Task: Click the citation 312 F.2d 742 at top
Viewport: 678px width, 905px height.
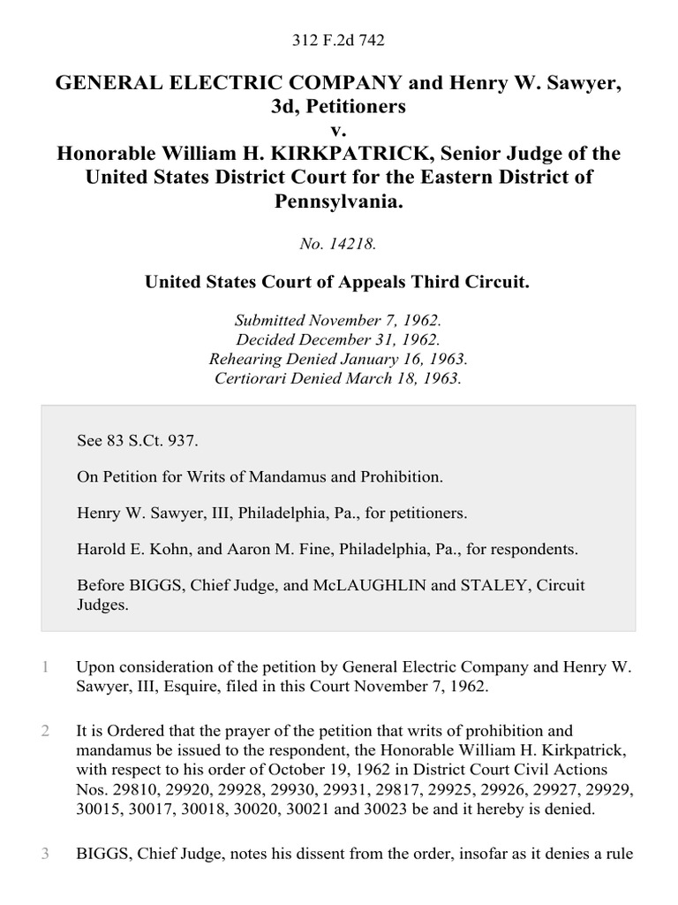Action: click(x=339, y=40)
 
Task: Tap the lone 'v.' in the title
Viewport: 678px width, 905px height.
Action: click(x=339, y=131)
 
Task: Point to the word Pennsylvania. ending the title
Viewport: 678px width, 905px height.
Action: click(x=339, y=200)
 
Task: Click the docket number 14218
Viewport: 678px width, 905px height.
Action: click(x=339, y=244)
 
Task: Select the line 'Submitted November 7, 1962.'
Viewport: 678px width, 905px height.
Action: click(x=339, y=321)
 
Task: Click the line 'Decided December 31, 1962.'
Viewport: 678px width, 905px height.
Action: click(x=339, y=339)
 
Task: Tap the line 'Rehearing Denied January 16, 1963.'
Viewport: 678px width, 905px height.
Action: click(x=339, y=359)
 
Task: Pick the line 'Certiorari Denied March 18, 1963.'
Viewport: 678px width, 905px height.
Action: click(x=339, y=378)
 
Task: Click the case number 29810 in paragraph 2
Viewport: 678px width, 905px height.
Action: click(x=130, y=787)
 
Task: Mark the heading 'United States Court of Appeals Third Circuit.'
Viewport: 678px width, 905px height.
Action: click(x=339, y=283)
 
